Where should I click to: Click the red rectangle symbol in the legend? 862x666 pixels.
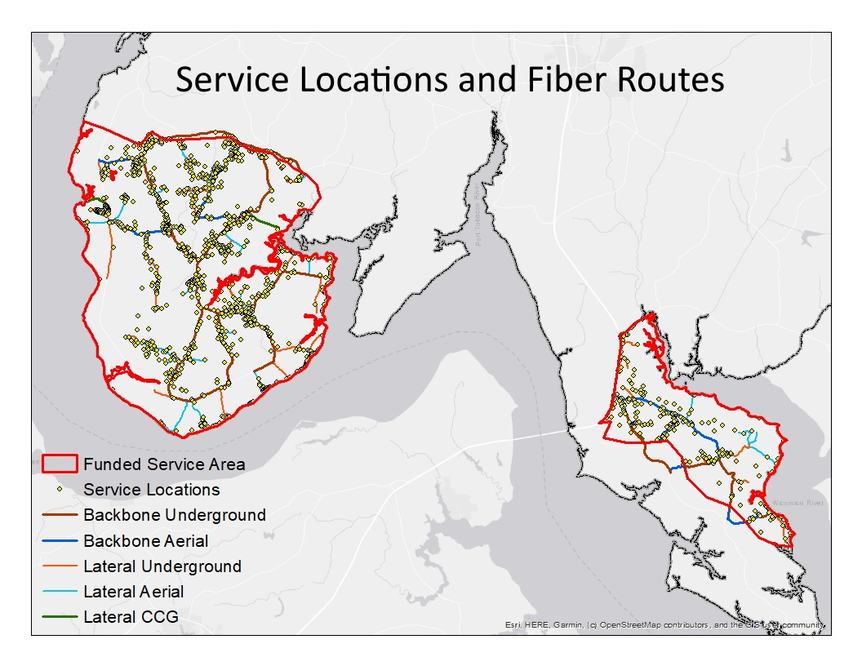(59, 464)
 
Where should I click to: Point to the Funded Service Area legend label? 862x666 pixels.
(164, 464)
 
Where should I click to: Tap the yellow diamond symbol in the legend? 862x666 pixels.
(59, 491)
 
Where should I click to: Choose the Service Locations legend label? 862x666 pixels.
(152, 490)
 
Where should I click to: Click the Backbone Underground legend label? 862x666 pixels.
(175, 515)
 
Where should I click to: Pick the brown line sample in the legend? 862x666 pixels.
(59, 516)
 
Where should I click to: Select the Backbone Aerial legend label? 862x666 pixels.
(146, 540)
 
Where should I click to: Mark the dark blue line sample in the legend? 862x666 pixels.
(59, 541)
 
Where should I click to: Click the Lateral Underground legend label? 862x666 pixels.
(162, 566)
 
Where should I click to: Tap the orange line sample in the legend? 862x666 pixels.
(59, 566)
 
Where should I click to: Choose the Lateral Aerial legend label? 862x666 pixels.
(134, 591)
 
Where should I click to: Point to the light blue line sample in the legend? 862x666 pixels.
(59, 592)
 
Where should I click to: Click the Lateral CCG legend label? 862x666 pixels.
(131, 616)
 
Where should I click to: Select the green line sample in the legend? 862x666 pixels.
(59, 617)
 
